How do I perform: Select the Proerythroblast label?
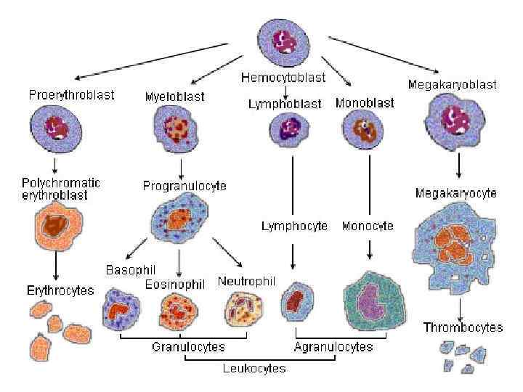tap(71, 95)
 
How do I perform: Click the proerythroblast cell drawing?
tap(56, 131)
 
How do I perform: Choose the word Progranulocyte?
tap(185, 186)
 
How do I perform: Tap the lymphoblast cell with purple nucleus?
tap(291, 131)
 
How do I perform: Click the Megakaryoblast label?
tap(452, 84)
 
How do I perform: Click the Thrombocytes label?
tap(463, 327)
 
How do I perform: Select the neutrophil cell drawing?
tap(240, 307)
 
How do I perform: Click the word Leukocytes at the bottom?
tap(254, 369)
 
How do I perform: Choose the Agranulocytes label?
tap(333, 347)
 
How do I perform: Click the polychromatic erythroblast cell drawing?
tap(55, 226)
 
